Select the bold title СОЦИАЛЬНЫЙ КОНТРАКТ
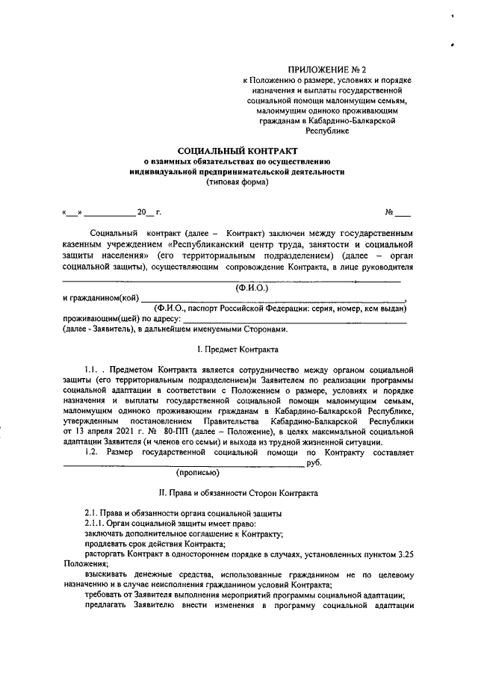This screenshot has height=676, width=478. point(237,150)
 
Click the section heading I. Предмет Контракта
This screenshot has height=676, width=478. point(237,350)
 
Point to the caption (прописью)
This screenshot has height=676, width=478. point(197,473)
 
